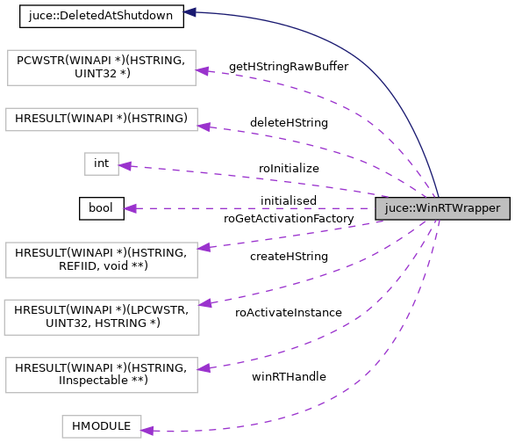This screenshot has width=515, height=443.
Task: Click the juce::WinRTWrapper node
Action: click(x=442, y=208)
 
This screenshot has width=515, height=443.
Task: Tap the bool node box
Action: click(x=101, y=208)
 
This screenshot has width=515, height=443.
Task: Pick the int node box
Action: click(x=101, y=163)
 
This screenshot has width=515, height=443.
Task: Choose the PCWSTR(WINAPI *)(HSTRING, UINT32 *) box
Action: click(x=101, y=68)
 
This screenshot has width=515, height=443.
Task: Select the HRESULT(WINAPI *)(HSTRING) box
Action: click(x=101, y=120)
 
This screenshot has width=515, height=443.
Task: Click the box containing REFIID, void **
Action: click(x=101, y=259)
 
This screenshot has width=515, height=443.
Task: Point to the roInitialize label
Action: click(x=289, y=168)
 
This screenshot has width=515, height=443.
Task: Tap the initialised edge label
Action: click(x=288, y=201)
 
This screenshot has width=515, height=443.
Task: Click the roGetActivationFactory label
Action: click(x=289, y=218)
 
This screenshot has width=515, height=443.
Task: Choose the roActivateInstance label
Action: click(x=288, y=312)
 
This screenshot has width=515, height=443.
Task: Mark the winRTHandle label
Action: click(x=288, y=376)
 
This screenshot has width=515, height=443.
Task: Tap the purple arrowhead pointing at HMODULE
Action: click(x=147, y=430)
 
